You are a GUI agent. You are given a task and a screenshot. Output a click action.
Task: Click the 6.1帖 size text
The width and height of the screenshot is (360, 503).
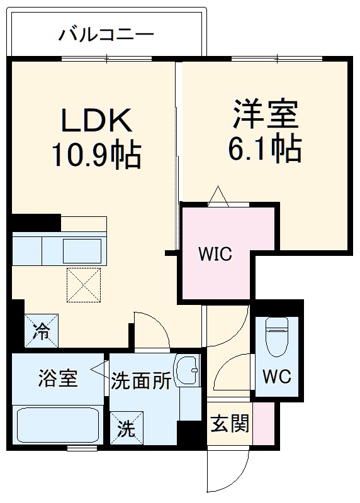coord(266,148)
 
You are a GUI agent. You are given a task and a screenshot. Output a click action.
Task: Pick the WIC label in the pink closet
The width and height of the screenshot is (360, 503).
coord(215,255)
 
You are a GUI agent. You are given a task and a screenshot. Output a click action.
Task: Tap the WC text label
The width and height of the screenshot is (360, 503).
coord(276,377)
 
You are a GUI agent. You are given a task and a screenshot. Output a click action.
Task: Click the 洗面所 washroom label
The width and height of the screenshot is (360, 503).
coord(141,381)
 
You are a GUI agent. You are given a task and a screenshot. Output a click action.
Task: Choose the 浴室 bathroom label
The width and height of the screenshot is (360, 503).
coord(57,379)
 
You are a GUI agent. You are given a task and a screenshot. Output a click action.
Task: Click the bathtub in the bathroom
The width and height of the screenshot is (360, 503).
coord(57,424)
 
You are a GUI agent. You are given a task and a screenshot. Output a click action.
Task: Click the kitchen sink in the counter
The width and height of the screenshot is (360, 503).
coord(82,250)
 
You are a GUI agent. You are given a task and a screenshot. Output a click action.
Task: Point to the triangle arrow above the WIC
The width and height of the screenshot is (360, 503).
coord(218,196)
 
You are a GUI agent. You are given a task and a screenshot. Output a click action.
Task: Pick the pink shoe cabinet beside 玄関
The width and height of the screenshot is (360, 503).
coord(263,424)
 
